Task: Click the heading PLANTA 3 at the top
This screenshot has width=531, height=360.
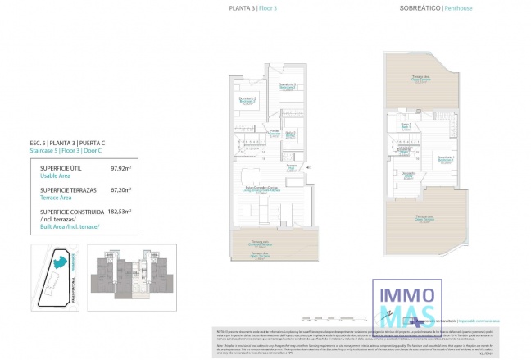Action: pos(242,8)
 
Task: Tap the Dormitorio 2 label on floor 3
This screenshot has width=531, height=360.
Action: pos(247,99)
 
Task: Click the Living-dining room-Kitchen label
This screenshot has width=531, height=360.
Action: pos(260,189)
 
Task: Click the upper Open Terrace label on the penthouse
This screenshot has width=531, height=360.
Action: pos(423,79)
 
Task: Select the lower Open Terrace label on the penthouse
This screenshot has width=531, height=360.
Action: pos(424,217)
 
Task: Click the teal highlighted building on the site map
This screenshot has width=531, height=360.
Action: pos(60,263)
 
